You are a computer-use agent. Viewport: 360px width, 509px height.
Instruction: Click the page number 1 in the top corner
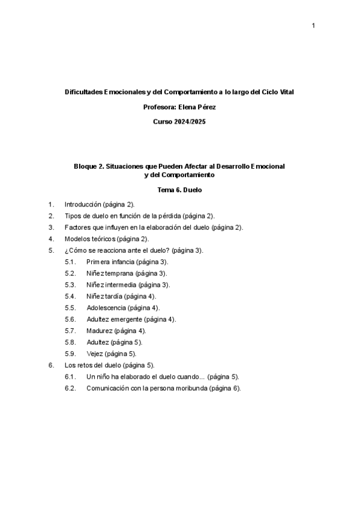(313, 26)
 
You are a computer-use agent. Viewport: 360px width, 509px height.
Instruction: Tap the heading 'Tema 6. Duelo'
(179, 190)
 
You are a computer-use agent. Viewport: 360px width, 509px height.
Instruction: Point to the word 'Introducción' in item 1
(82, 204)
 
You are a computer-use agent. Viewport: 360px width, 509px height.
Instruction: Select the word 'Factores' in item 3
(77, 227)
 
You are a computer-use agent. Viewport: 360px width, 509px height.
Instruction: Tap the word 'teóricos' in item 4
(104, 239)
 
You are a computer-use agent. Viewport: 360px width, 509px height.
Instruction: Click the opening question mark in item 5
(67, 250)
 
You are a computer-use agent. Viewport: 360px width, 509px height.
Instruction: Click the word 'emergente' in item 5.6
(128, 319)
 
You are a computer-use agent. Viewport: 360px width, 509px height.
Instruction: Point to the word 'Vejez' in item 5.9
(95, 354)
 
